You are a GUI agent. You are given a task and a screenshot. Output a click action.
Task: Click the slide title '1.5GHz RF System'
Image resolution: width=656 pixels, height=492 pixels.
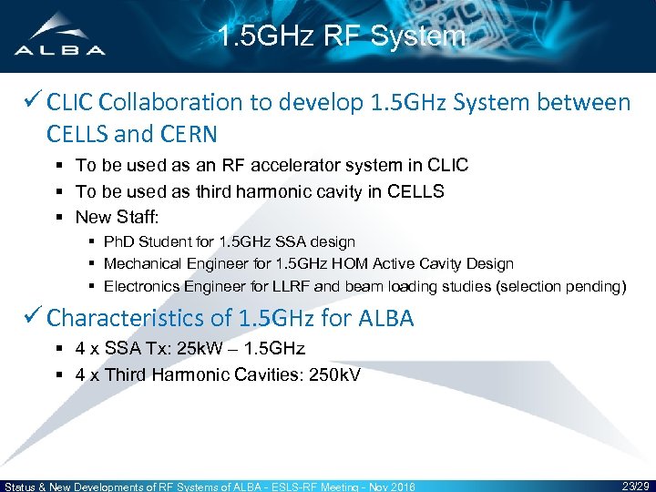(x=342, y=36)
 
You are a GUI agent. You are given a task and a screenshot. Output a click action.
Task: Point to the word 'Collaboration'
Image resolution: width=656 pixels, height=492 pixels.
(x=163, y=103)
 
